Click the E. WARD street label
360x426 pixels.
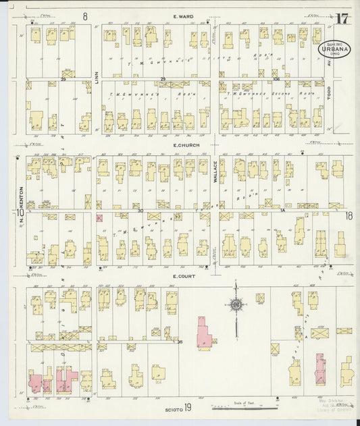(x=184, y=16)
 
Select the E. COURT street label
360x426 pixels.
(x=183, y=276)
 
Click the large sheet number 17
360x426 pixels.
(x=342, y=18)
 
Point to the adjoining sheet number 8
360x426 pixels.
(x=85, y=16)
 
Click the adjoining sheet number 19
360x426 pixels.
(x=188, y=407)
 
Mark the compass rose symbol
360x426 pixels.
(x=236, y=305)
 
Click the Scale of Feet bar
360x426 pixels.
(x=245, y=408)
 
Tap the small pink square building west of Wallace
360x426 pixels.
(x=99, y=217)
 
